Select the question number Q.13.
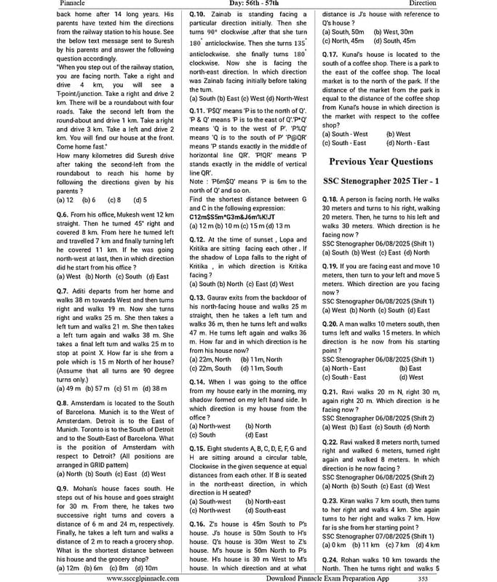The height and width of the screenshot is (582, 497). coord(197,298)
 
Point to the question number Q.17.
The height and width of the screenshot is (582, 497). coord(330,55)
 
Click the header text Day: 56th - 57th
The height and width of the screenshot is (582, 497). coord(248,4)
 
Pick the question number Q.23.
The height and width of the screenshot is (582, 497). coord(330,502)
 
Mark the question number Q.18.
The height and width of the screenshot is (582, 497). coord(330,199)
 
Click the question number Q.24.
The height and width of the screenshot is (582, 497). coord(330,559)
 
